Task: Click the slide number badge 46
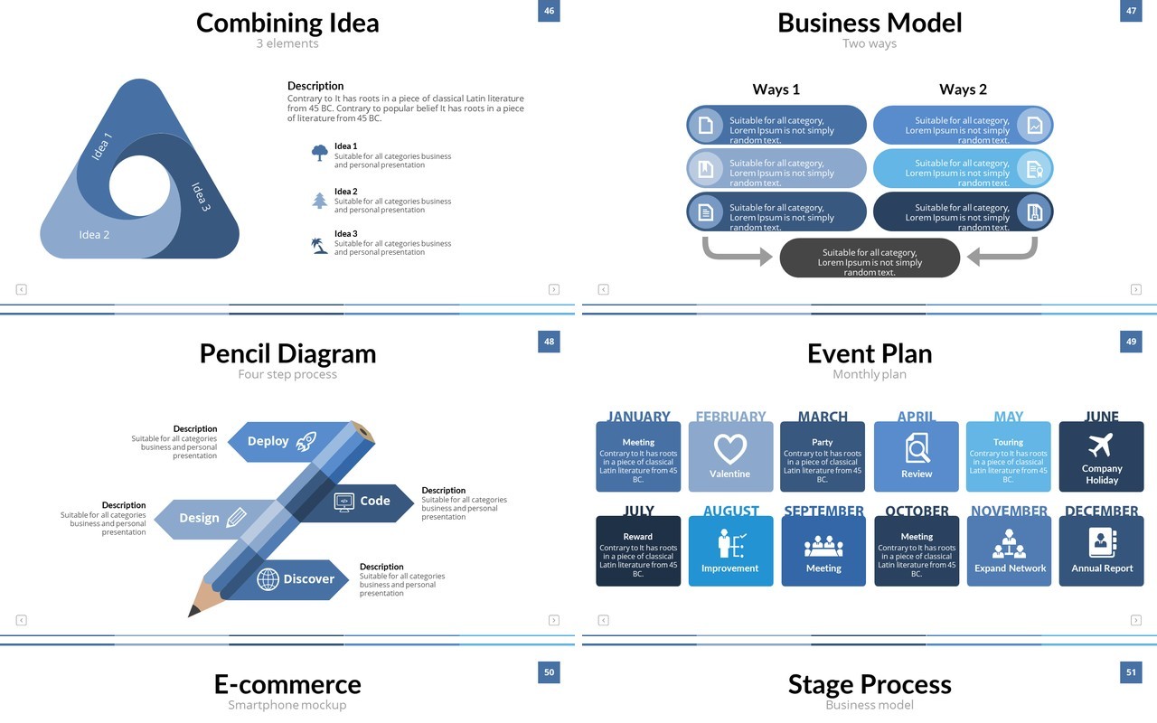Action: point(549,11)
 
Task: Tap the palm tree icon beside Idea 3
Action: point(319,245)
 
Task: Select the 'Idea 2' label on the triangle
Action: point(94,234)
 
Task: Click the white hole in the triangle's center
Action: point(139,186)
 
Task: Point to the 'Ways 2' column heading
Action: point(963,89)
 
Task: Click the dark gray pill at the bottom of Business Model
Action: point(870,258)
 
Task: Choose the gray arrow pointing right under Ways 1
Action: point(737,251)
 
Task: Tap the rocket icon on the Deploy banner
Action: point(306,441)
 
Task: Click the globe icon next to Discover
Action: point(268,579)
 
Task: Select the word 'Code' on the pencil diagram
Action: point(375,501)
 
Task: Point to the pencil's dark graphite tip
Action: point(193,610)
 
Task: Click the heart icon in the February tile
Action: point(730,448)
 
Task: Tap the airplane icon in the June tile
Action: point(1101,445)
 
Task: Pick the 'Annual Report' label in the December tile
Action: point(1102,568)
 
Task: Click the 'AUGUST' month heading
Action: point(731,511)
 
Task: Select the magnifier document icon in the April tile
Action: point(917,447)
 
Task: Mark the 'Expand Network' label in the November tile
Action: point(1010,568)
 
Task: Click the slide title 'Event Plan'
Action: point(870,353)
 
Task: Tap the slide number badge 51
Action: point(1131,672)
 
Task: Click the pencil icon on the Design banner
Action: point(236,518)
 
